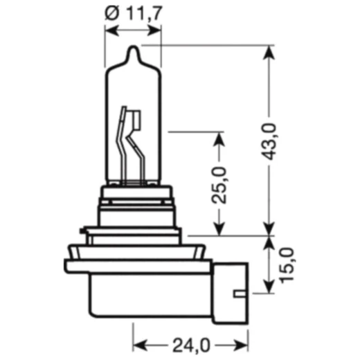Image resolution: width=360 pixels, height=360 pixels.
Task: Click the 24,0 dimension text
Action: click(x=190, y=341)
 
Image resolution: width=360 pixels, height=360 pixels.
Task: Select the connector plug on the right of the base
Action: click(x=231, y=287)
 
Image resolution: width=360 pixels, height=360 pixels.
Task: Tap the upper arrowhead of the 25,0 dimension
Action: click(x=219, y=138)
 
